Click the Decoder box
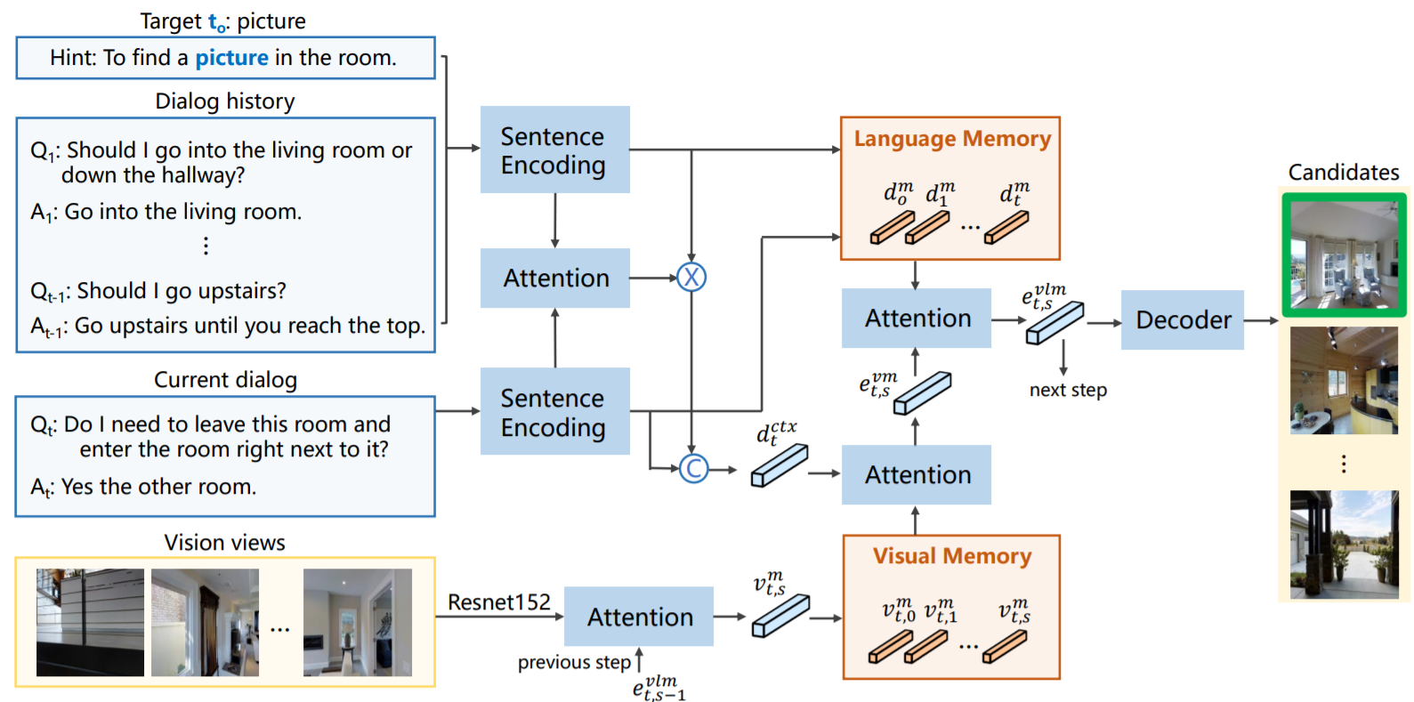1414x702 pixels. click(1182, 319)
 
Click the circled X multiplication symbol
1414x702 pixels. click(691, 278)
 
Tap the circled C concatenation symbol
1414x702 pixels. click(693, 468)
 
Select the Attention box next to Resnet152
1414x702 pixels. click(639, 617)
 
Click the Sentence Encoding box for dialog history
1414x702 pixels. click(554, 150)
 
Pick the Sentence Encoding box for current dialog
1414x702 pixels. click(554, 412)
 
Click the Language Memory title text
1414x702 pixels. click(952, 139)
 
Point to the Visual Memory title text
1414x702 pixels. click(952, 556)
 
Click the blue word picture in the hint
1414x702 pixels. click(231, 58)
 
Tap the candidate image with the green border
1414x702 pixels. click(1344, 254)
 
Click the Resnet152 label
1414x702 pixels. click(498, 602)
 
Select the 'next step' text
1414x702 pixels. click(1068, 390)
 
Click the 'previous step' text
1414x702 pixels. click(574, 663)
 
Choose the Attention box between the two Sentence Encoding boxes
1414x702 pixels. click(555, 278)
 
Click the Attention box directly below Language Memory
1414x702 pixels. click(917, 319)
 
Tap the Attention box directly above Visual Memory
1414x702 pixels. click(917, 475)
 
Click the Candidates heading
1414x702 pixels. click(1344, 173)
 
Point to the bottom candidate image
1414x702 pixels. click(1344, 545)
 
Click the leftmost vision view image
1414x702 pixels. click(90, 623)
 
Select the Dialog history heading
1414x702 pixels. click(225, 101)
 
